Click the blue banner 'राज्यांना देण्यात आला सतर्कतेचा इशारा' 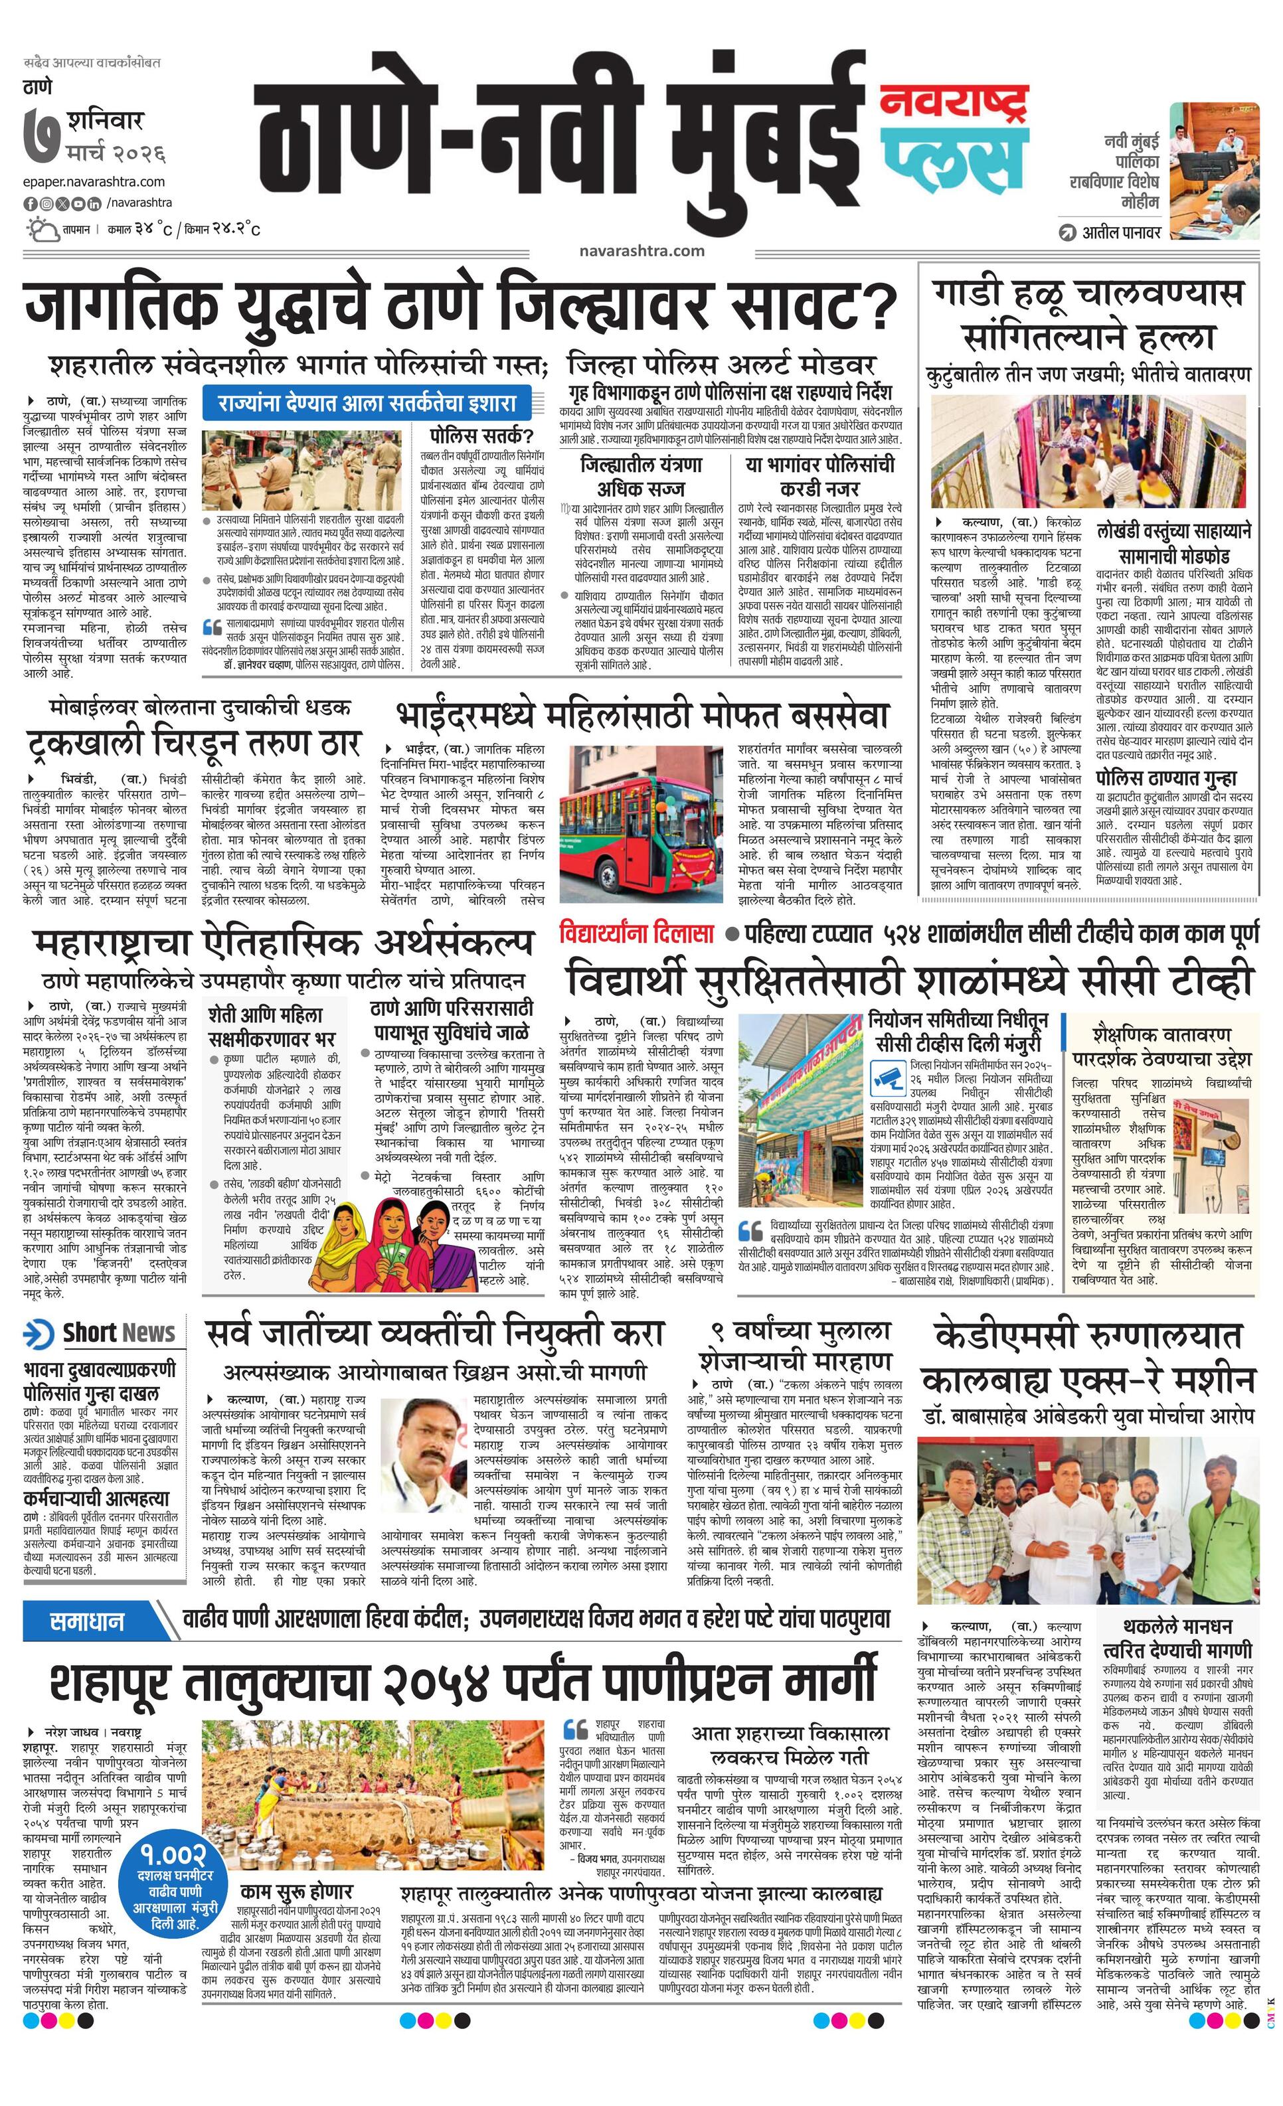point(367,402)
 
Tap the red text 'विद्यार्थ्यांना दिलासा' point(636,931)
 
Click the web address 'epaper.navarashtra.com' point(94,181)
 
